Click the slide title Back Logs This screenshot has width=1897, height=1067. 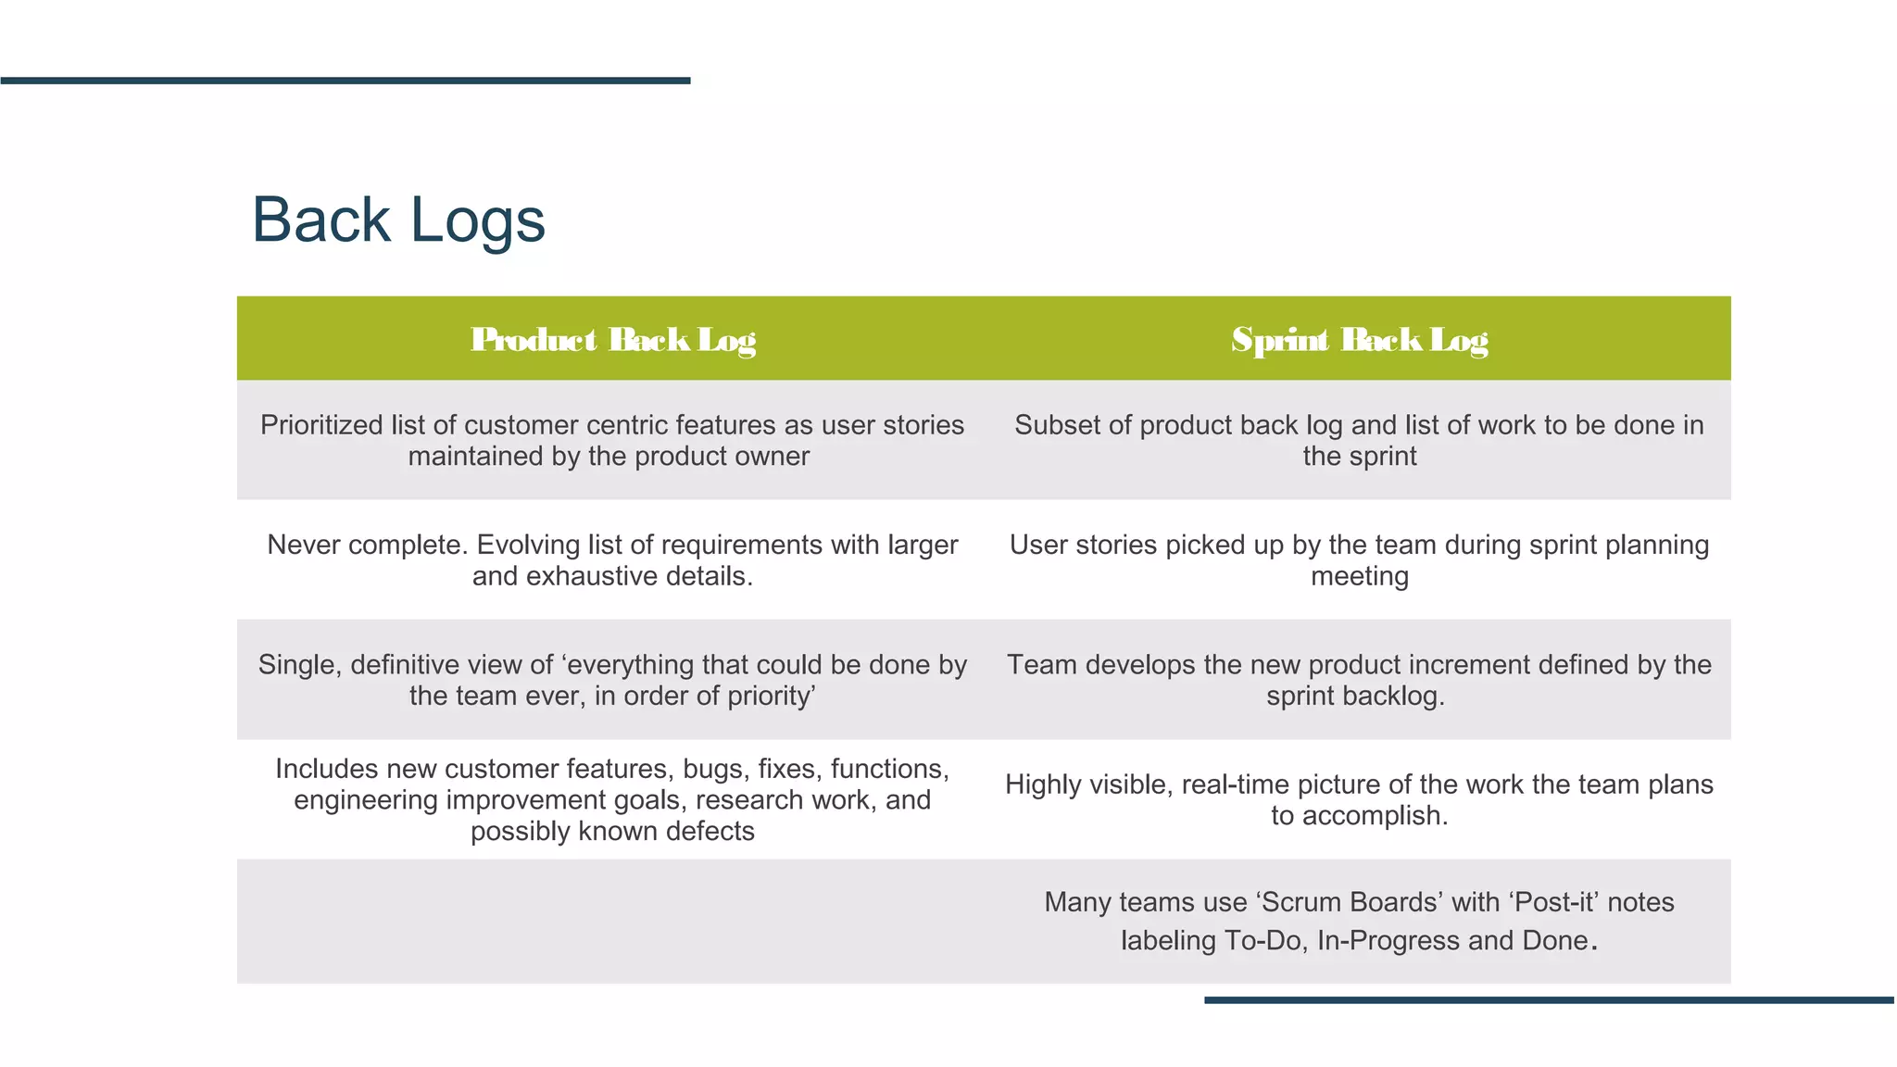398,220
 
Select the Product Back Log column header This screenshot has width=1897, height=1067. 612,340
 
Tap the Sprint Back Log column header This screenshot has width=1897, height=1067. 1359,340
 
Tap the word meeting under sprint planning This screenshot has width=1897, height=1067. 1359,576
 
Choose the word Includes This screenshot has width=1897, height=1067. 327,769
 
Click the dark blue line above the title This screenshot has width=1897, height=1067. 345,81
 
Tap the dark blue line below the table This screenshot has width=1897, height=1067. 1549,1000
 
